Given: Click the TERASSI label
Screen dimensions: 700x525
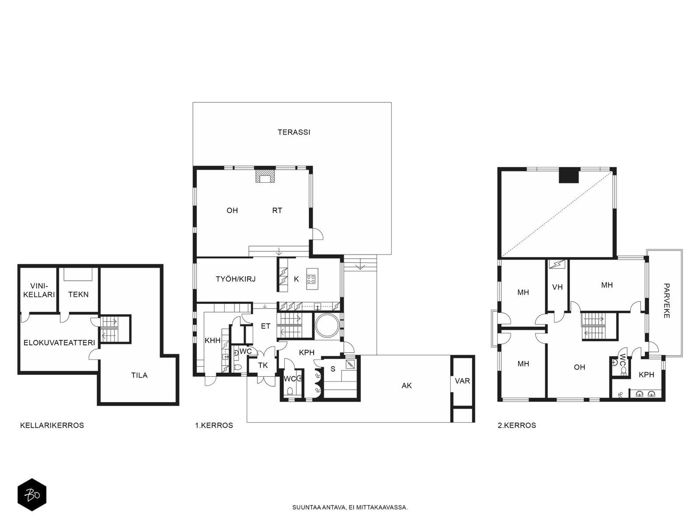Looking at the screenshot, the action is click(x=294, y=132).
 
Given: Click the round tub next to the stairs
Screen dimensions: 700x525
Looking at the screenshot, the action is click(x=326, y=325).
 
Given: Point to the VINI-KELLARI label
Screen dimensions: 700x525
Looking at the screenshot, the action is click(x=39, y=290).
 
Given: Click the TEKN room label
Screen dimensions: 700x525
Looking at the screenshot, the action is click(x=78, y=294).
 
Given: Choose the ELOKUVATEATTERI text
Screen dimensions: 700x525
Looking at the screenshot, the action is click(x=59, y=343).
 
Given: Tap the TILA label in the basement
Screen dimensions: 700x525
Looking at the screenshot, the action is click(x=140, y=375).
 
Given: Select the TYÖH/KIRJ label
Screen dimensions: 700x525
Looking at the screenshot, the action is click(x=236, y=279).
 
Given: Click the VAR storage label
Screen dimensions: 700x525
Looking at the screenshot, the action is click(x=462, y=381).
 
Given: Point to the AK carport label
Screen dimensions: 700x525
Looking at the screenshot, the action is click(x=406, y=386).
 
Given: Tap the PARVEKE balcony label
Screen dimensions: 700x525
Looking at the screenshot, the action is click(x=666, y=301).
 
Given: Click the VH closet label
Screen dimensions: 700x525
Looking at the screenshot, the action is click(x=557, y=287).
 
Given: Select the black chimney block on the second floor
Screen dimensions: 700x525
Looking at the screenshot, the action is click(x=569, y=175).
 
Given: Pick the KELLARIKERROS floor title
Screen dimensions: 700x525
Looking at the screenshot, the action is click(x=52, y=426).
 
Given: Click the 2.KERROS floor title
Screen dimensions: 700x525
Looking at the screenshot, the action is click(x=517, y=426).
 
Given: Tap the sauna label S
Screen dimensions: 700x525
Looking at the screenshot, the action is click(x=333, y=369).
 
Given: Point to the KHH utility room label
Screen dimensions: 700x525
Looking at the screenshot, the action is click(x=212, y=340).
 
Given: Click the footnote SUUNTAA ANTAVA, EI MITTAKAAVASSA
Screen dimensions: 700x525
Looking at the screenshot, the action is click(x=350, y=507).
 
